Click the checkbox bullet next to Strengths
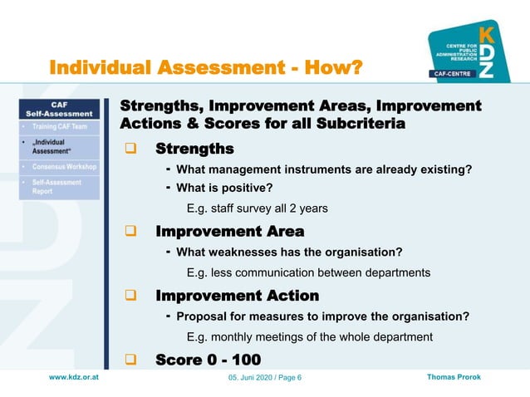(x=130, y=150)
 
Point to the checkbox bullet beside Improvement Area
(x=130, y=232)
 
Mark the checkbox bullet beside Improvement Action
(x=130, y=296)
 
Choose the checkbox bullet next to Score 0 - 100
(x=130, y=360)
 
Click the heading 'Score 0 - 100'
(x=208, y=360)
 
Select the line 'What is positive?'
(x=224, y=188)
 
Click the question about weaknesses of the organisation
(x=289, y=252)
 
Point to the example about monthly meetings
(x=309, y=337)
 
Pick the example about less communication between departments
(x=308, y=272)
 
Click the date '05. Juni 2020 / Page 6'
(x=265, y=379)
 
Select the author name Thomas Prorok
(x=453, y=378)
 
